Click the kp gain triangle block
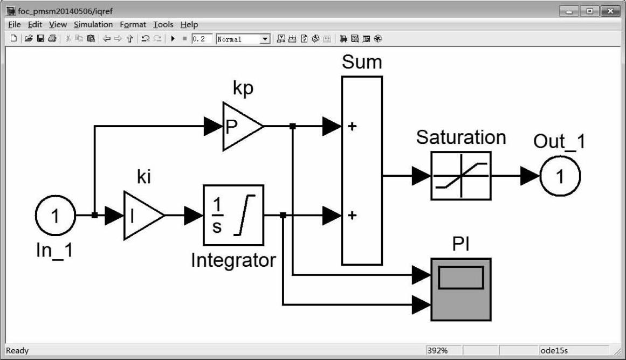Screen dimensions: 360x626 (241, 127)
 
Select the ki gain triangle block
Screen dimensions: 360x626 (141, 215)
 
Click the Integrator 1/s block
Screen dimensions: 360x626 (233, 215)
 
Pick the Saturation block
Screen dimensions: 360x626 (460, 176)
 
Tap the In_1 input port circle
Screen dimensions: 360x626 (55, 216)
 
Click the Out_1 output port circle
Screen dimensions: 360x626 (560, 176)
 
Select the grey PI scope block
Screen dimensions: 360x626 (460, 289)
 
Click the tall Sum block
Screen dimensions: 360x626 (362, 170)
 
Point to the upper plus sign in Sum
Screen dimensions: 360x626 (352, 127)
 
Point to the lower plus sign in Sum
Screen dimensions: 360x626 (352, 216)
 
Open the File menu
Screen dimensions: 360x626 (14, 24)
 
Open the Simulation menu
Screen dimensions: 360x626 (93, 24)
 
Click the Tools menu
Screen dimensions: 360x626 (163, 24)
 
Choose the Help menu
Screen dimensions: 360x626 (189, 24)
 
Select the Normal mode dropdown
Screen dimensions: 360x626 (242, 39)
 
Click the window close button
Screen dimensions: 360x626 (610, 11)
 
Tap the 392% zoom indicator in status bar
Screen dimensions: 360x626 (437, 351)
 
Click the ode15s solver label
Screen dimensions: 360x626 (554, 351)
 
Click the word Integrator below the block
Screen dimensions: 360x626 (233, 260)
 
